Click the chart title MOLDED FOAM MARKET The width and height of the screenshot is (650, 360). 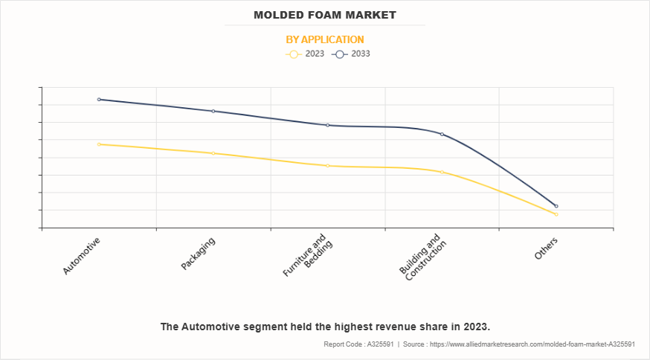click(x=324, y=15)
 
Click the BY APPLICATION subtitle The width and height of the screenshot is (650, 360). click(x=325, y=39)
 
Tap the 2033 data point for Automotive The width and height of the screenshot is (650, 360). click(x=99, y=99)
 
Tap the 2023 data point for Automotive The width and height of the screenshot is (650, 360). click(x=99, y=144)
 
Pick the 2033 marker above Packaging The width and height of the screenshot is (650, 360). click(x=213, y=111)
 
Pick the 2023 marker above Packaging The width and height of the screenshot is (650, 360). click(x=213, y=153)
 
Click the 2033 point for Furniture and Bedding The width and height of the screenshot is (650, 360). click(x=328, y=125)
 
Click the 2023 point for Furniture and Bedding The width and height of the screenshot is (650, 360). click(x=328, y=165)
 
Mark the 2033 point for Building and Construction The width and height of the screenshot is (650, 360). click(x=443, y=134)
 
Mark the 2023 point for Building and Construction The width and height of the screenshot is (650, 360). click(x=443, y=172)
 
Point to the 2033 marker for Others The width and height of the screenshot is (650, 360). click(x=556, y=206)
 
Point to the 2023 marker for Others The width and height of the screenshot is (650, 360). click(x=556, y=214)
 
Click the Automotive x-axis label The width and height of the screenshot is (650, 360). click(x=81, y=256)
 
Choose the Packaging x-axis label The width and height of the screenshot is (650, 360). click(x=198, y=254)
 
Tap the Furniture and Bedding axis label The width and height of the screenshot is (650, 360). click(x=306, y=257)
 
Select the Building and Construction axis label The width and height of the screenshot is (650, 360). click(x=422, y=257)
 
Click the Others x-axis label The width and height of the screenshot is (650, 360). click(x=546, y=249)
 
